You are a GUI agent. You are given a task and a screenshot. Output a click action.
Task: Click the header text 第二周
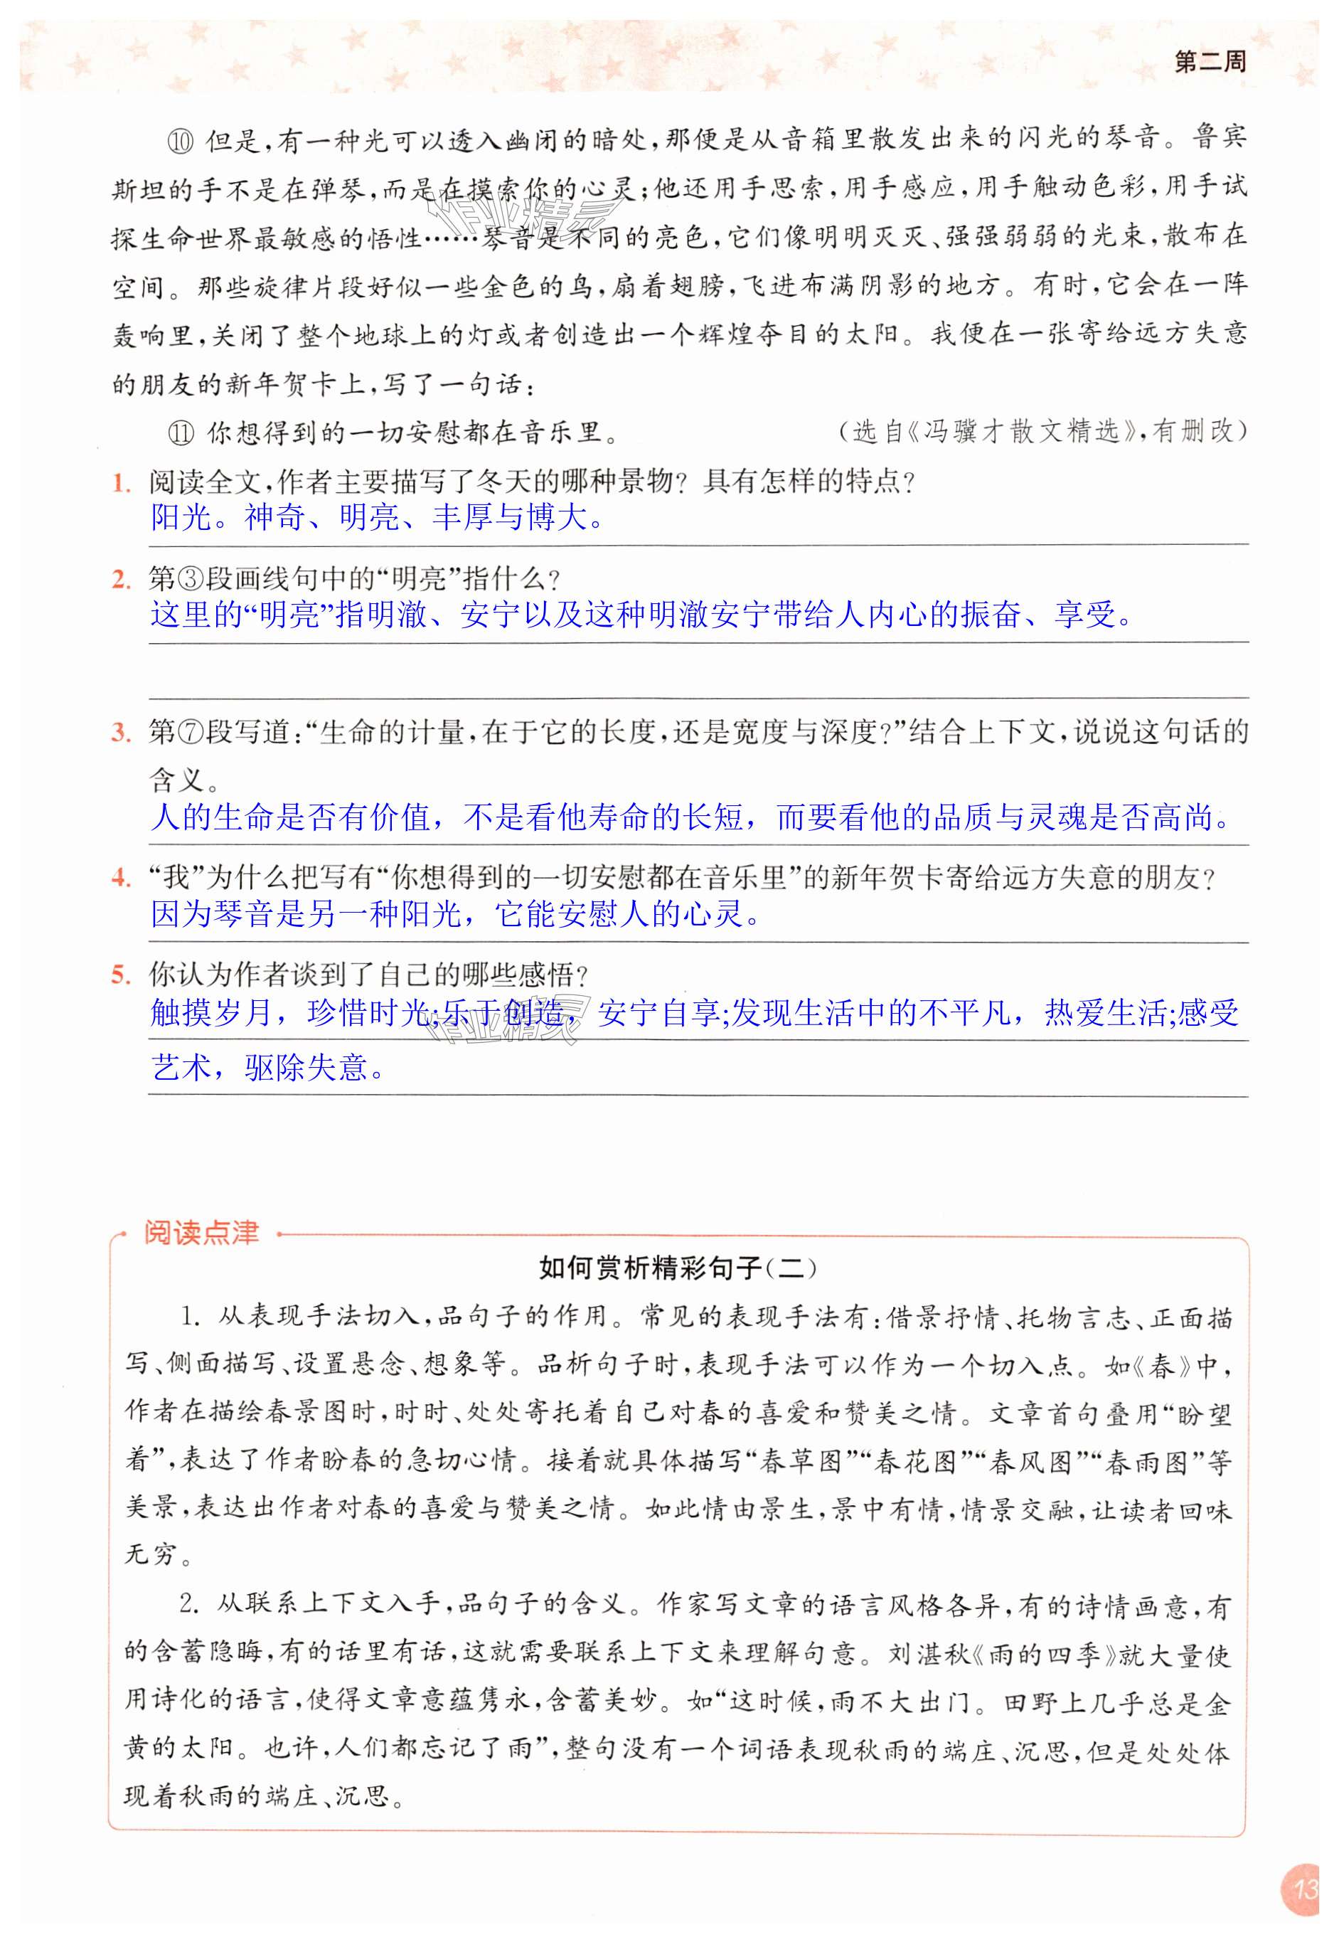coord(1209,62)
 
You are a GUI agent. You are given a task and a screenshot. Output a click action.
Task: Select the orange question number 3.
coord(121,733)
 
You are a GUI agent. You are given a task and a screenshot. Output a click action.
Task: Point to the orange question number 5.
coord(121,975)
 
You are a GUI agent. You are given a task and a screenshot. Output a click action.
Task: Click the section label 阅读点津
coord(201,1233)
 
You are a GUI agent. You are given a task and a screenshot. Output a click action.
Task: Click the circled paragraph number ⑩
coord(181,140)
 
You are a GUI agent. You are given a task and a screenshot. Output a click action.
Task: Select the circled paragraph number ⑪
coord(181,433)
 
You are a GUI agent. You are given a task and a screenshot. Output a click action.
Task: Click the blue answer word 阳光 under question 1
coord(181,517)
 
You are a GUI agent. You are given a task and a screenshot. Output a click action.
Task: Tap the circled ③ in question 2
coord(192,579)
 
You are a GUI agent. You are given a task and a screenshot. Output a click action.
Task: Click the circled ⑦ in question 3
coord(192,733)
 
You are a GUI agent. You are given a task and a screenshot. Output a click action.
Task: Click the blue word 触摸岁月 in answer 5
coord(211,1014)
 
